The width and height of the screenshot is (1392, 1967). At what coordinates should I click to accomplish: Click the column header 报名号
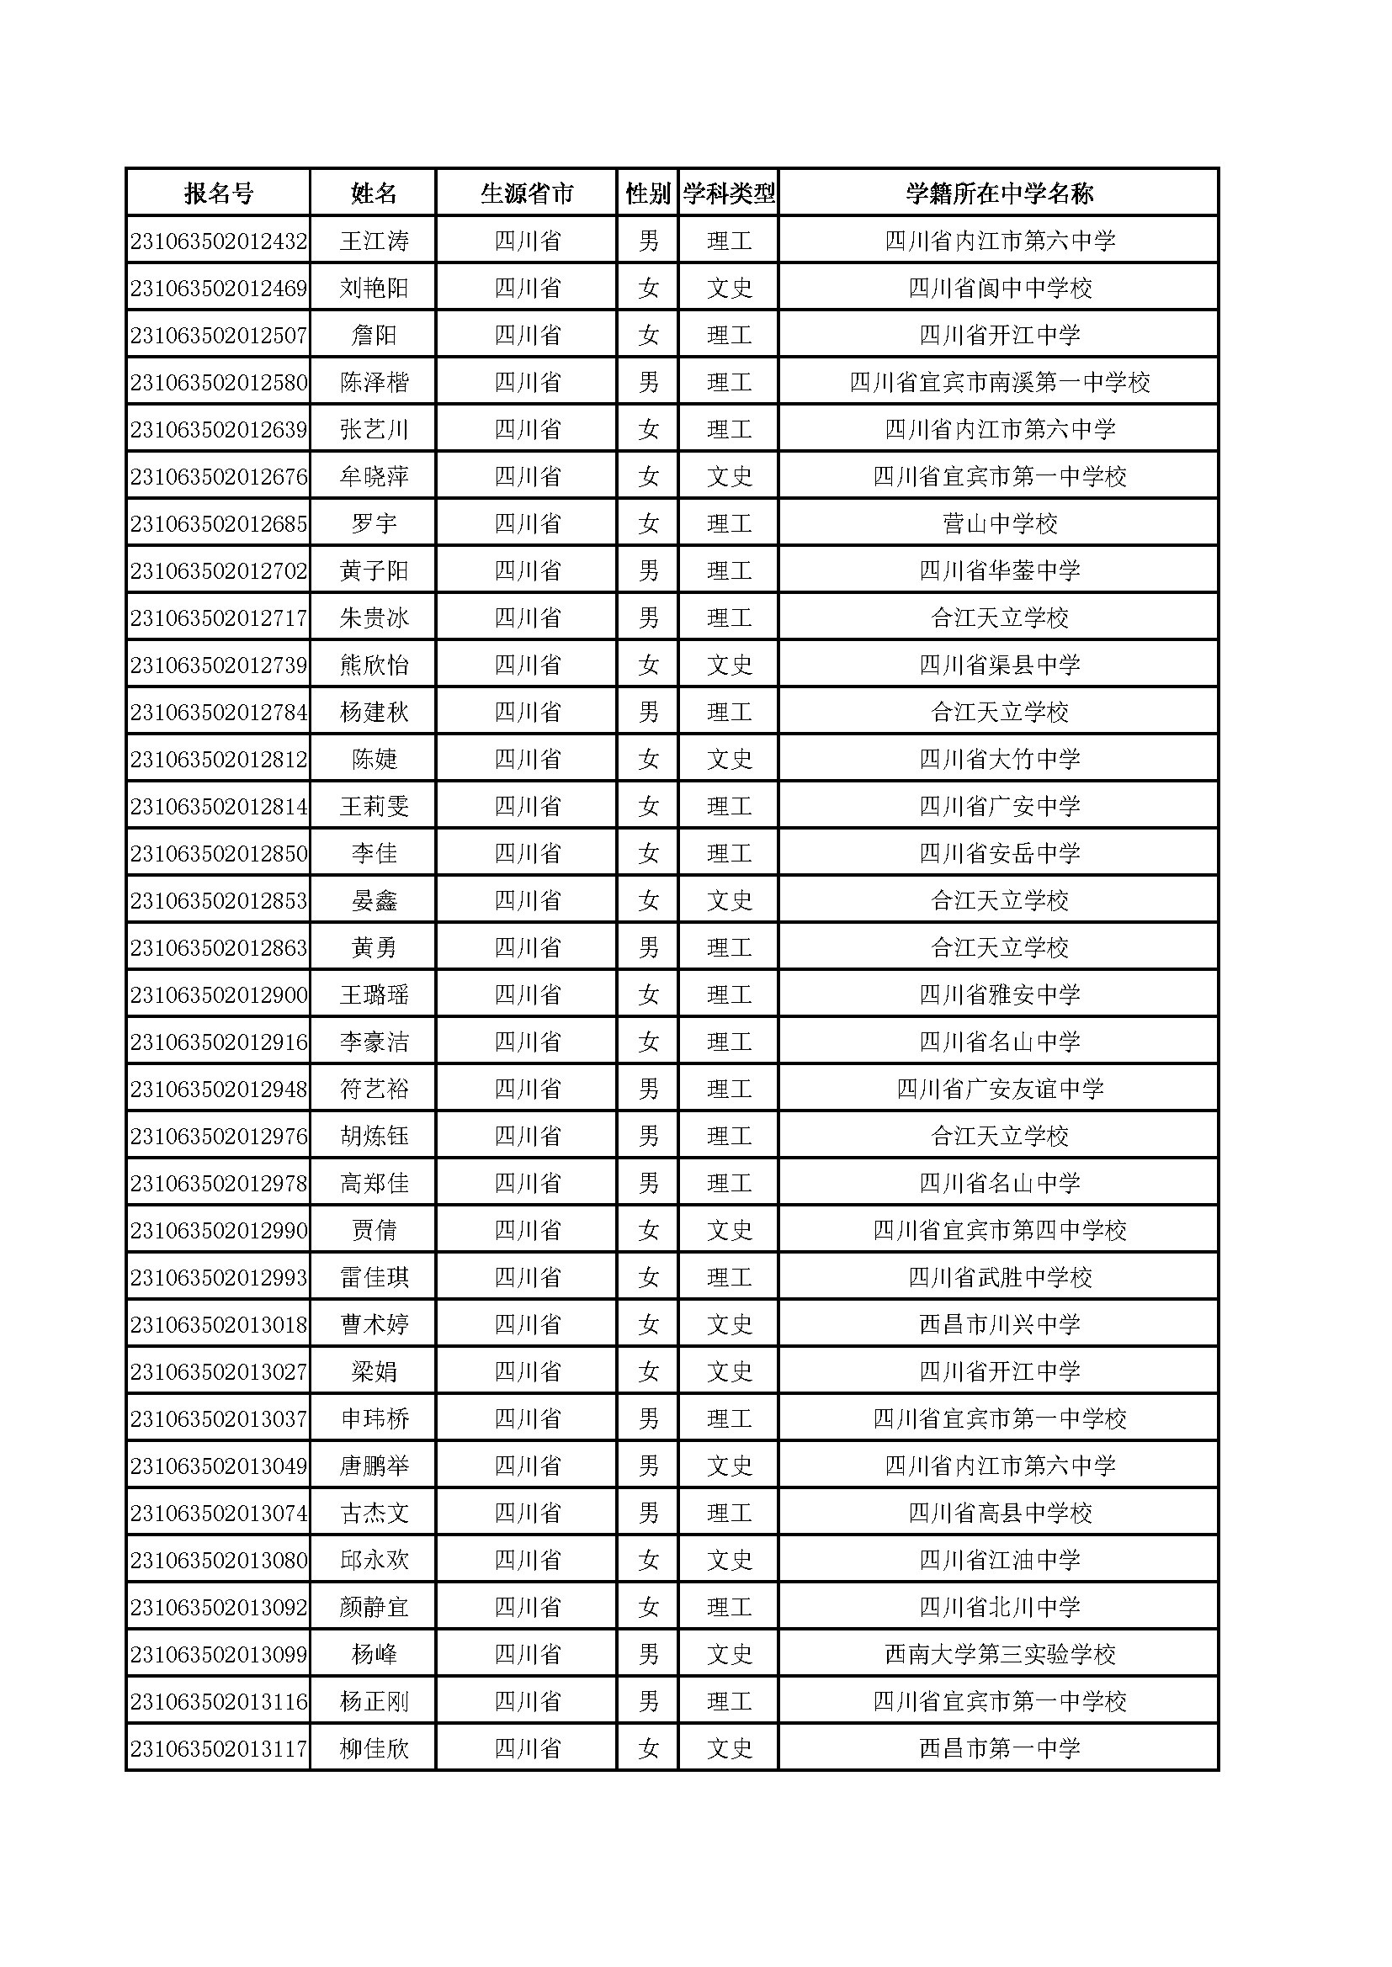[x=219, y=194]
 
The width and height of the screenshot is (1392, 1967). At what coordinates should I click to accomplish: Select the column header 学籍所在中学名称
[x=1000, y=194]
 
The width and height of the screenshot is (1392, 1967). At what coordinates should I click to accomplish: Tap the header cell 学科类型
[x=729, y=194]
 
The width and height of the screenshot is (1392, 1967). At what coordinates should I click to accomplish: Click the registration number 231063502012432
[x=219, y=241]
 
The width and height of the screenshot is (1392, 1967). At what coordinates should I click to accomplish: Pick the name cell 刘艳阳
[x=374, y=289]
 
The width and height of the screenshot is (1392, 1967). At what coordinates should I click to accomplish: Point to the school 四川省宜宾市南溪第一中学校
[x=1000, y=383]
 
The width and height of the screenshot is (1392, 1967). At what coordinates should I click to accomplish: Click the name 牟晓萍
[x=374, y=477]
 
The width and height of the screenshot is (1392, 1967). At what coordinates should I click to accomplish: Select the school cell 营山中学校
[x=1000, y=524]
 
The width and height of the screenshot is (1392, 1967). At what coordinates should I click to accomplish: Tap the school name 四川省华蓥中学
[x=1000, y=571]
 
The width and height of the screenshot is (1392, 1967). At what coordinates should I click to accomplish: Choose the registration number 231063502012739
[x=219, y=665]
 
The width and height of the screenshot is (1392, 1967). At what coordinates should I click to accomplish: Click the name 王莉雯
[x=374, y=807]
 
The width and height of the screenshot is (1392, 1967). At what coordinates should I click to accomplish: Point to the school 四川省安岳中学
[x=1000, y=854]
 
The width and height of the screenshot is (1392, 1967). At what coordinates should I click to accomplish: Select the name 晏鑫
[x=374, y=901]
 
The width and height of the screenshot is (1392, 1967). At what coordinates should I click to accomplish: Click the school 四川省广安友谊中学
[x=1000, y=1090]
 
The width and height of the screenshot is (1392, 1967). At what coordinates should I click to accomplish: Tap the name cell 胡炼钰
[x=374, y=1137]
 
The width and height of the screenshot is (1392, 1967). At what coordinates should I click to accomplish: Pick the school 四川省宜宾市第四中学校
[x=1000, y=1231]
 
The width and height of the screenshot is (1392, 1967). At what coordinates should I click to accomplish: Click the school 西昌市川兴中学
[x=1000, y=1325]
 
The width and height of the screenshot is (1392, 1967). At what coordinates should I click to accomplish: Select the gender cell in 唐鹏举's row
[x=648, y=1466]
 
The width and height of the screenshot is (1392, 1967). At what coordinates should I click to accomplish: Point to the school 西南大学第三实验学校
[x=1000, y=1655]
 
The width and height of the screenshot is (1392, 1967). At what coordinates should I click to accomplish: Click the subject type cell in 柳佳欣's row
[x=729, y=1749]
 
